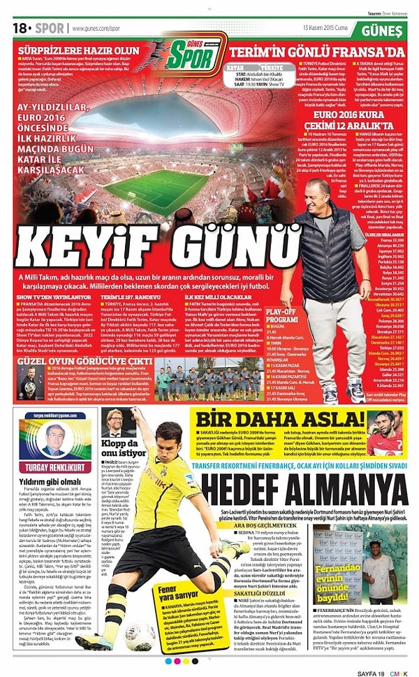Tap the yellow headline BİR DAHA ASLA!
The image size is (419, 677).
pos(279,420)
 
